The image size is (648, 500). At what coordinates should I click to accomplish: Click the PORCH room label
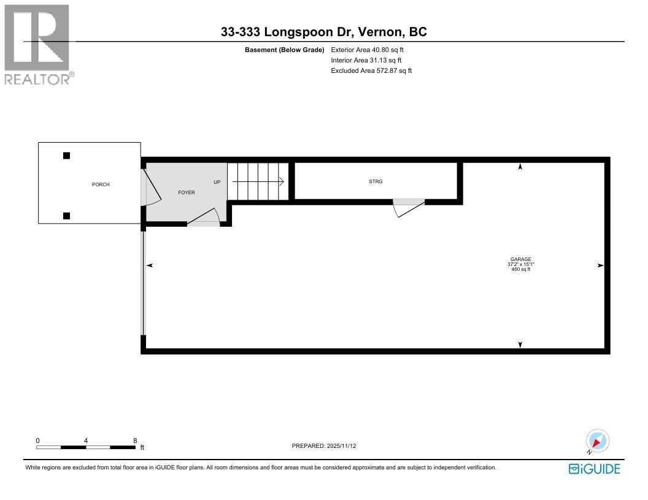point(101,184)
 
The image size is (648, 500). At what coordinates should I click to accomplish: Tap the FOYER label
point(187,192)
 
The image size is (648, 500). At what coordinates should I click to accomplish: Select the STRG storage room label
point(376,181)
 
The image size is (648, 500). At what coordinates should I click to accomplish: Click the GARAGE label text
point(520,259)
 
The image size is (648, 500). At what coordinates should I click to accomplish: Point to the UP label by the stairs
point(217,182)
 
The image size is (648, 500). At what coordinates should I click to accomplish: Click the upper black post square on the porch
point(66,156)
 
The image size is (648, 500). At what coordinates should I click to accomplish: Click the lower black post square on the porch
point(66,215)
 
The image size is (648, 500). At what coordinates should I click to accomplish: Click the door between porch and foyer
point(150,187)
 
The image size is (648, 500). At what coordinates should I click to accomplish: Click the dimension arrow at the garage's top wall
point(520,167)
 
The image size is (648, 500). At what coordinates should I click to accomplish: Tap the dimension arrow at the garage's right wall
point(600,265)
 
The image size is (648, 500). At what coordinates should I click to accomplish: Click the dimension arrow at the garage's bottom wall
point(520,345)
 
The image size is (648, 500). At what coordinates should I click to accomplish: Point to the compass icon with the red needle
point(597,441)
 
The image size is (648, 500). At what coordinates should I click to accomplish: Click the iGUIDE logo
point(594,469)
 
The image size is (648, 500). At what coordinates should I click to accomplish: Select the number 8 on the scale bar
point(134,441)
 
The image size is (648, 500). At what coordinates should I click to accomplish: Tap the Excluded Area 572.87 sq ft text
point(371,70)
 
